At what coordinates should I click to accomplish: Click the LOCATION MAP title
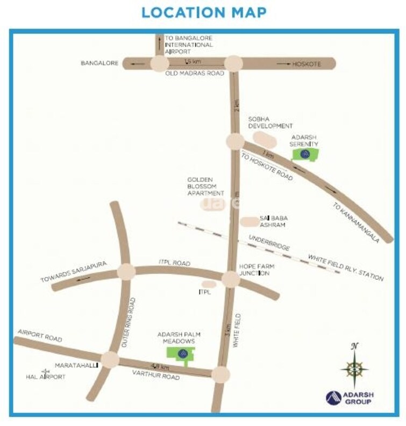(x=204, y=12)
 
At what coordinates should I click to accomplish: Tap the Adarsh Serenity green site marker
(x=304, y=155)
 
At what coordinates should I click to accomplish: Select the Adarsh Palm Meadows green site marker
(x=182, y=353)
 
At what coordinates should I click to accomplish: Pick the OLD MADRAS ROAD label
(x=194, y=74)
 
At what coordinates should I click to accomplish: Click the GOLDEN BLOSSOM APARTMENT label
(x=205, y=186)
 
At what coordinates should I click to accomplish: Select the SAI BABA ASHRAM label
(x=274, y=221)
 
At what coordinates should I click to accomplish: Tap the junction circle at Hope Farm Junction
(x=231, y=279)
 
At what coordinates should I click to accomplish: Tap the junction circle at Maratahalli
(x=110, y=359)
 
